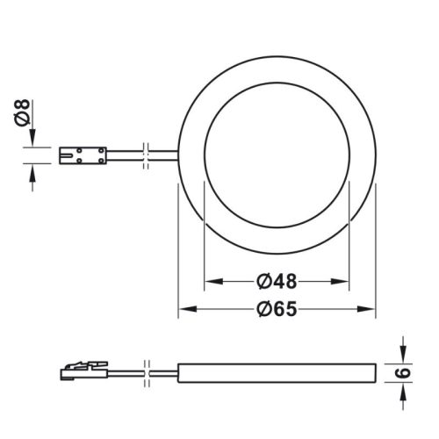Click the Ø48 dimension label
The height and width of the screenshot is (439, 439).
[277, 282]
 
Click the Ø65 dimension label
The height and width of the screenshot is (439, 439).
[277, 309]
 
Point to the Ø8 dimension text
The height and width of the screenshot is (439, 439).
[24, 113]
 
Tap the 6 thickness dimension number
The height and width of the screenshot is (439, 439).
[405, 372]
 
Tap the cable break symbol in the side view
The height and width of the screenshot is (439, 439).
[149, 372]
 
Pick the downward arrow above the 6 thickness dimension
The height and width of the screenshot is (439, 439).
[405, 351]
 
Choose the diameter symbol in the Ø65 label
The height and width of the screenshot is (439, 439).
[263, 309]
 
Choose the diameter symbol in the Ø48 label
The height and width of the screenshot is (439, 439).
[263, 282]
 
